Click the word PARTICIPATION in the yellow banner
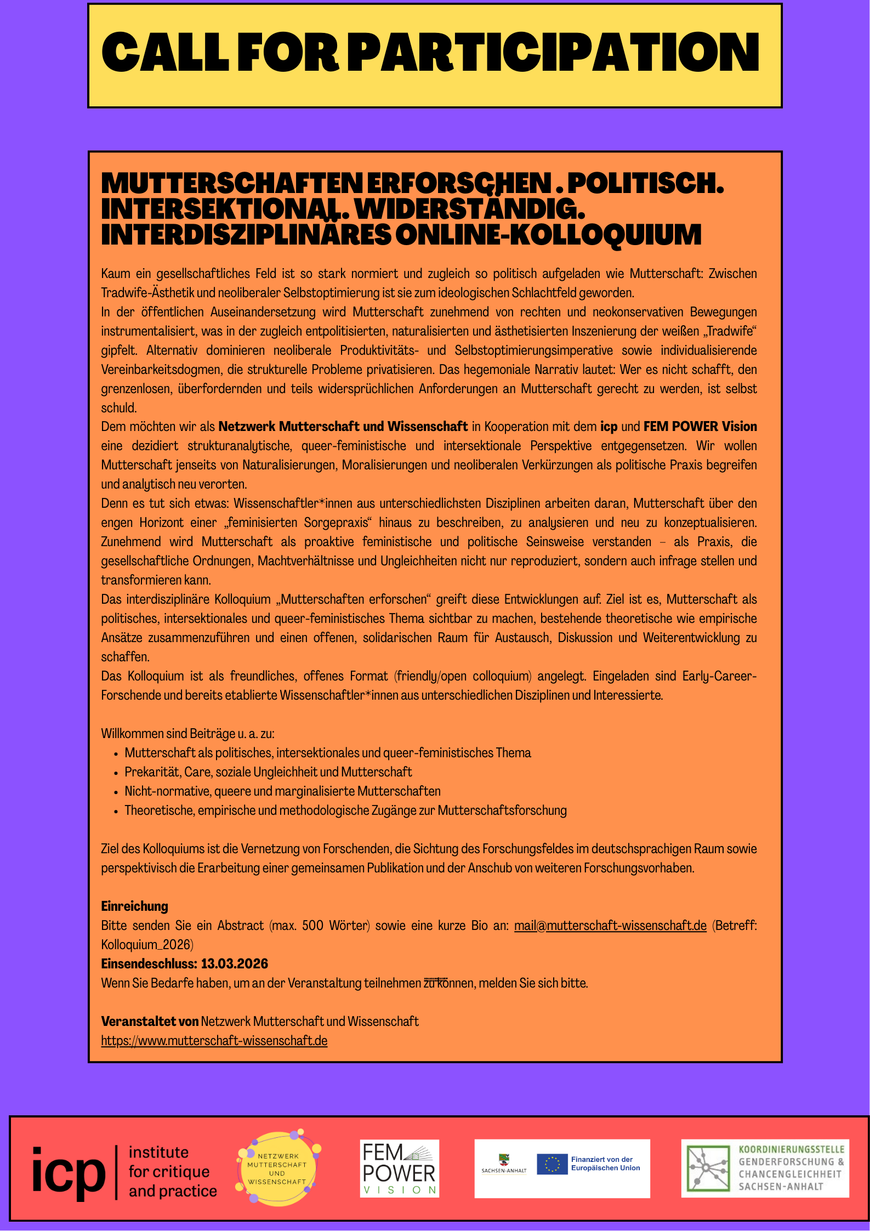click(x=554, y=52)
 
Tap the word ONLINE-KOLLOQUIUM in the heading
click(x=548, y=235)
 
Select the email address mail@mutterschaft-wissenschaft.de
click(x=610, y=926)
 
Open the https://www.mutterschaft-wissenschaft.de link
click(x=214, y=1041)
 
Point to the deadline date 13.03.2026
click(x=235, y=964)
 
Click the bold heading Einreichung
click(x=134, y=906)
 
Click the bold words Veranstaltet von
click(x=150, y=1022)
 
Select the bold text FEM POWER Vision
click(x=700, y=427)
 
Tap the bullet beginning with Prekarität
click(x=268, y=772)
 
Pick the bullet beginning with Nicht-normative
click(x=282, y=791)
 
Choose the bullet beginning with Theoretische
click(x=345, y=810)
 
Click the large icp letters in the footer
click(x=68, y=1172)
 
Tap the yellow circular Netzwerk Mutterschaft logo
click(x=277, y=1168)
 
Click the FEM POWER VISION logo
click(x=399, y=1168)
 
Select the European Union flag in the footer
click(x=552, y=1164)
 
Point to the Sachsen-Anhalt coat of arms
click(x=503, y=1159)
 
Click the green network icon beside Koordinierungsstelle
click(x=708, y=1168)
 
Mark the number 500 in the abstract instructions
click(x=312, y=926)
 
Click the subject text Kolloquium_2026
click(x=146, y=945)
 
